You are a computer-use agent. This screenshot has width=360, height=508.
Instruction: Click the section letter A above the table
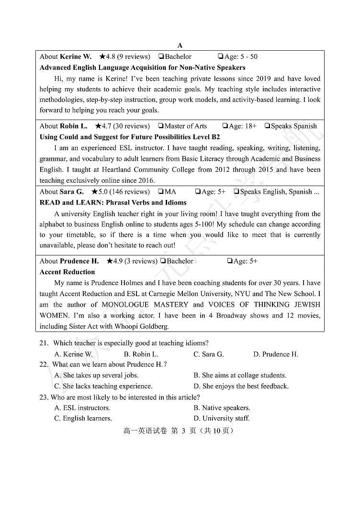pos(180,45)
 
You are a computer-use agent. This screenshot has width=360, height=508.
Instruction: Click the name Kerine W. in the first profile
pos(76,56)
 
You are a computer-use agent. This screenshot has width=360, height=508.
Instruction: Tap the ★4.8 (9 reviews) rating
pos(124,56)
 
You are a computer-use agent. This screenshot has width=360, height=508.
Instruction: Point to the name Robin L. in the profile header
pos(74,126)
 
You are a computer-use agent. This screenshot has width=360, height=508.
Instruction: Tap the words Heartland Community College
pos(144,170)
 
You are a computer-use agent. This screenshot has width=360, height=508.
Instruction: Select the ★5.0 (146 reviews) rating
pos(120,192)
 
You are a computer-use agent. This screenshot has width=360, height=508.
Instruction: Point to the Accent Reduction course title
pos(67,272)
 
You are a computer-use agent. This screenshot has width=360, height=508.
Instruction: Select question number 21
pos(44,343)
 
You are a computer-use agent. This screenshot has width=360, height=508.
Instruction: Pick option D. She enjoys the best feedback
pos(241,386)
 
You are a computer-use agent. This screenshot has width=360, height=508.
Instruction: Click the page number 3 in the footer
pos(183,431)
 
